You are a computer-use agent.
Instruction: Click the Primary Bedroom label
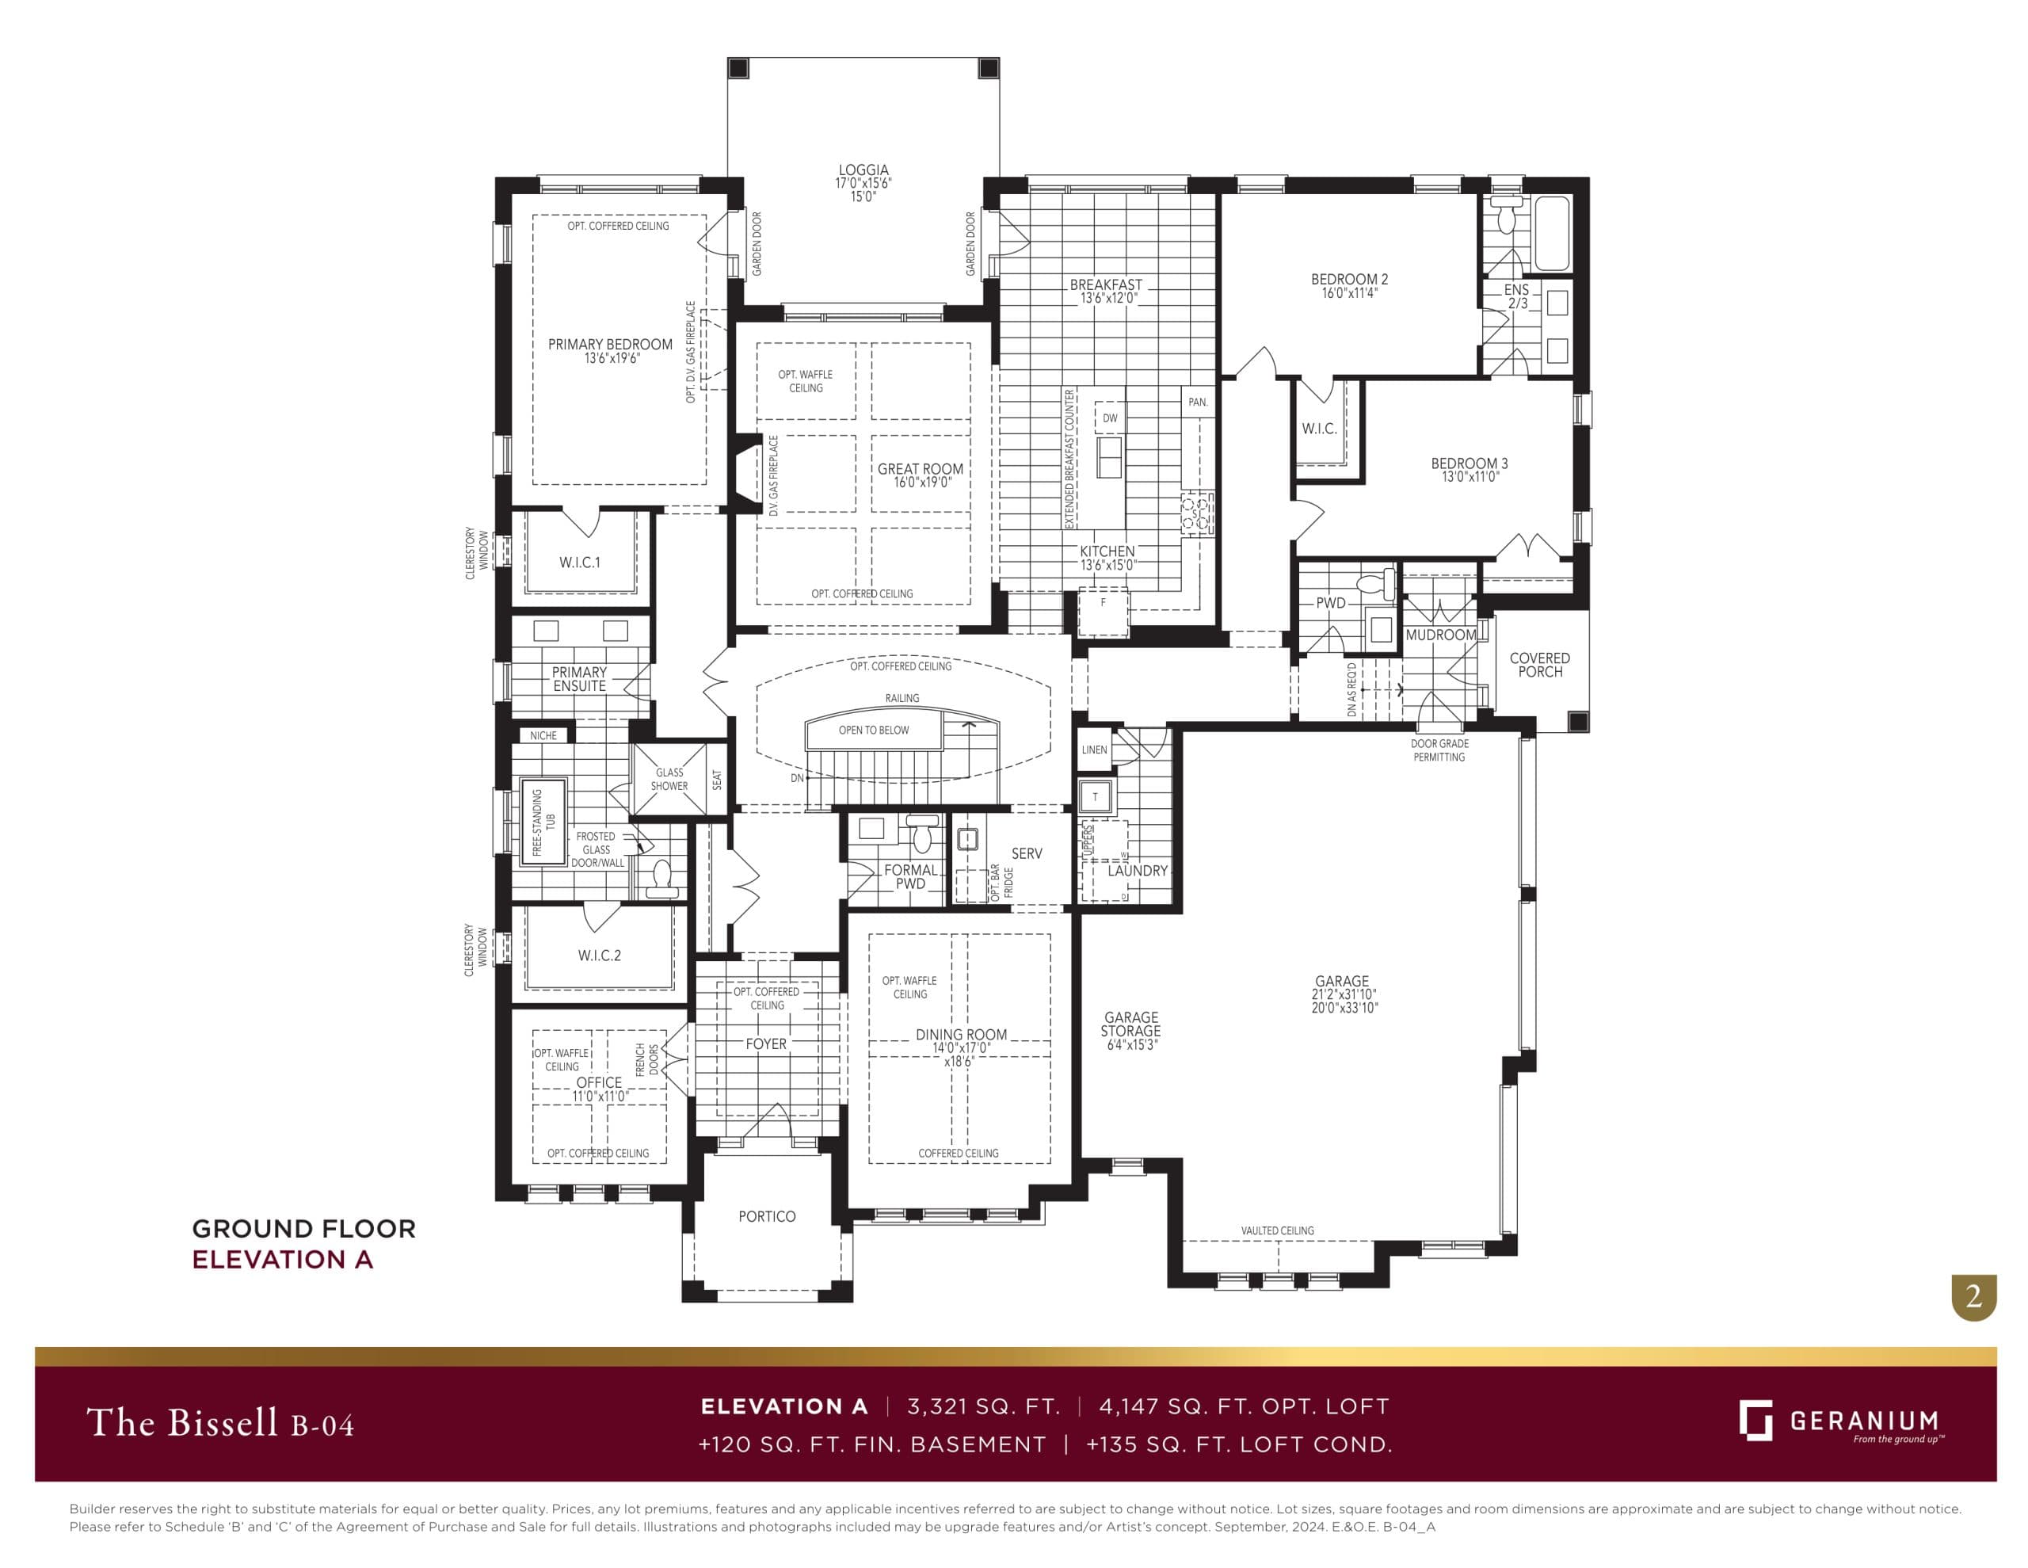click(x=610, y=345)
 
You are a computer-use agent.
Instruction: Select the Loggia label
click(x=863, y=170)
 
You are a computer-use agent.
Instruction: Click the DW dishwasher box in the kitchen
click(x=1110, y=418)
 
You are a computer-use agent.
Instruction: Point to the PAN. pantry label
click(x=1198, y=402)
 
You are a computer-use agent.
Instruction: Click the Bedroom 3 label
click(x=1469, y=464)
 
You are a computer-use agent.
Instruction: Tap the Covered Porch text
click(x=1539, y=665)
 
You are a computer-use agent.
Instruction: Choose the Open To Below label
click(x=874, y=731)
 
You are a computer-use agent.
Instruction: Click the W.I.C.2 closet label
click(x=599, y=956)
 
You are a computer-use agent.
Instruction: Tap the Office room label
click(x=599, y=1083)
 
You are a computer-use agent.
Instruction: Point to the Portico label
click(x=767, y=1217)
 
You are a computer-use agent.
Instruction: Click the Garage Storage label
click(x=1130, y=1024)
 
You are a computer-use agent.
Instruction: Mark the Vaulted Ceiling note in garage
click(x=1277, y=1230)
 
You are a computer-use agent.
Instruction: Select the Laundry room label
click(x=1137, y=872)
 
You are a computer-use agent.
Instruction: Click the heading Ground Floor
click(x=303, y=1229)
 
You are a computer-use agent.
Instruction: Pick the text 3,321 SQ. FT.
click(x=983, y=1406)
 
